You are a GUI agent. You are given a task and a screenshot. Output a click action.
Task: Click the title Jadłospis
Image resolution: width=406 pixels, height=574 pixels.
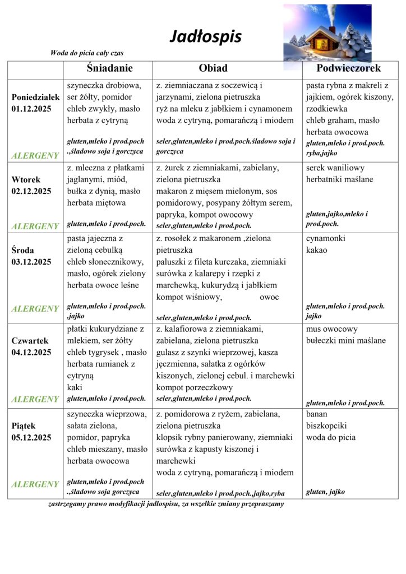tap(205, 37)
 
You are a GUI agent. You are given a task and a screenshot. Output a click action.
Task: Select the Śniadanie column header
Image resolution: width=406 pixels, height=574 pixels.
tap(109, 68)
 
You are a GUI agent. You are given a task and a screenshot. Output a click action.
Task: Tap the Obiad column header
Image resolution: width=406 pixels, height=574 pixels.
tap(213, 68)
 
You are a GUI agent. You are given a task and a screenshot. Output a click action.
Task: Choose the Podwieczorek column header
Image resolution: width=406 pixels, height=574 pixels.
tap(348, 68)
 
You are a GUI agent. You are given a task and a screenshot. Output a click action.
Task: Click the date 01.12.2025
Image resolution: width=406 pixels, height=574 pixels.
tap(31, 109)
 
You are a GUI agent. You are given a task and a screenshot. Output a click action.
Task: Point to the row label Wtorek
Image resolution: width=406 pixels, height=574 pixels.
tap(26, 179)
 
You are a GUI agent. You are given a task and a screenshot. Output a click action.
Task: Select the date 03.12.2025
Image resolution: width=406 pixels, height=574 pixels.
tap(31, 262)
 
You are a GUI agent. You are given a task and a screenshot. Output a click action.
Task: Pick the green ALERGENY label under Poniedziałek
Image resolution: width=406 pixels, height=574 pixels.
tap(35, 155)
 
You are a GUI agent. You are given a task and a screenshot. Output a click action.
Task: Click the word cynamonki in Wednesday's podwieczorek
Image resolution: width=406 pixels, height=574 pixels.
tap(326, 239)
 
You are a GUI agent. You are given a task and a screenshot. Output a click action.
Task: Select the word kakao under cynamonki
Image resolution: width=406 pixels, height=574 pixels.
tap(317, 250)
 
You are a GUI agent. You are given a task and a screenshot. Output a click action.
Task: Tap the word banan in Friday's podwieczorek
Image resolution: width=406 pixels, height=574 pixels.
tap(317, 414)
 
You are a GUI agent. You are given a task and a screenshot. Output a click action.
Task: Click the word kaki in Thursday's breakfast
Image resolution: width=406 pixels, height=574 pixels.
tap(75, 387)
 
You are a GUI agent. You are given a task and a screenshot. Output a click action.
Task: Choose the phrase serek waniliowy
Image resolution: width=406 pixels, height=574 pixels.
tap(335, 168)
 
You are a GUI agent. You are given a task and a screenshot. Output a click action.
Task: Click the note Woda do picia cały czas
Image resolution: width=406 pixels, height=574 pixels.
tap(87, 53)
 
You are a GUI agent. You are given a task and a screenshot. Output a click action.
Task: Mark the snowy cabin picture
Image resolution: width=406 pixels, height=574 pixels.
tap(327, 33)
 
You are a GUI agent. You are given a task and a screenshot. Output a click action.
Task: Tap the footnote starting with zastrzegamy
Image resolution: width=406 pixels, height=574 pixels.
tap(166, 504)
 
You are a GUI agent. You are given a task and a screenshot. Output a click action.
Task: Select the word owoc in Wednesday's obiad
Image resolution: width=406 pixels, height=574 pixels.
tap(269, 297)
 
